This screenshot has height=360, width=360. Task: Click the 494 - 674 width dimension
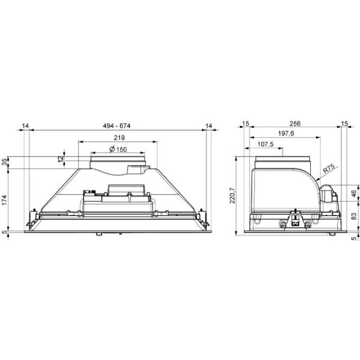[x=116, y=126]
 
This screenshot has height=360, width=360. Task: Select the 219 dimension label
[x=119, y=137]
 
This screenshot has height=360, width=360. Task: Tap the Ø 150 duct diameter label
[x=118, y=149]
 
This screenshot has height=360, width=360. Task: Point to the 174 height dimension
[x=5, y=200]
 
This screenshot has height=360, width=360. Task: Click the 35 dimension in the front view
[x=5, y=162]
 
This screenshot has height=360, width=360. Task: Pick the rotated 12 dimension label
[x=61, y=159]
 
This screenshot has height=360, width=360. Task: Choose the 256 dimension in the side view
[x=295, y=124]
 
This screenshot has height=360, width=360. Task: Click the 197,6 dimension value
[x=286, y=133]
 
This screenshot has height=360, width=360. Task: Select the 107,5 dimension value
[x=265, y=144]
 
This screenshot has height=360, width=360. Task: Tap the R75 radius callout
[x=329, y=169]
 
